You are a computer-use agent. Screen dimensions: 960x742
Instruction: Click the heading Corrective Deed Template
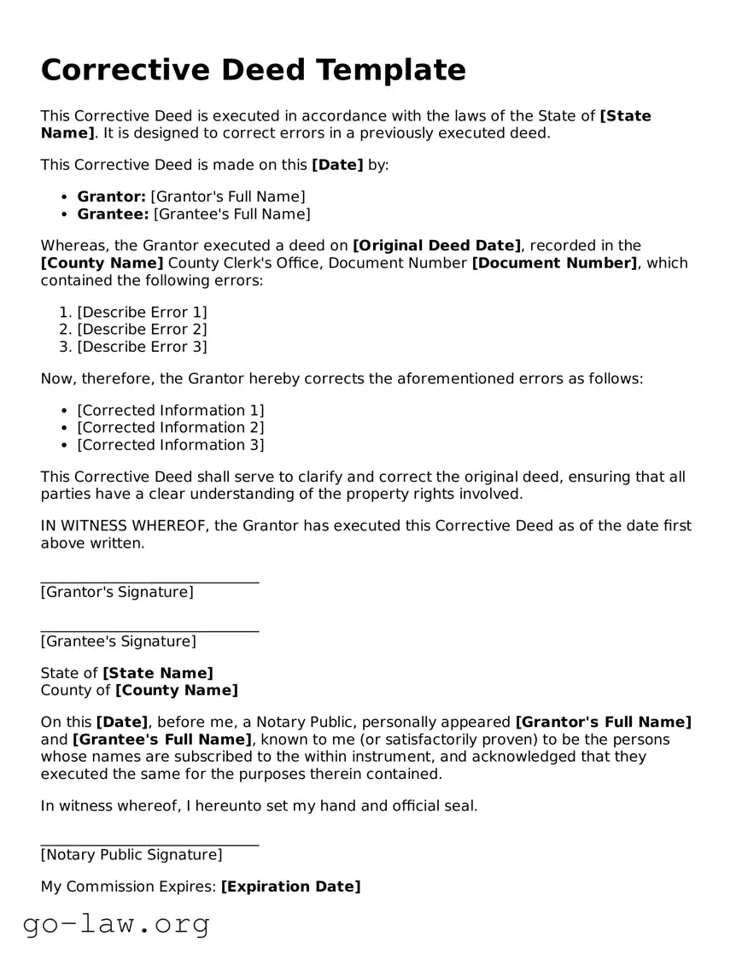coord(253,70)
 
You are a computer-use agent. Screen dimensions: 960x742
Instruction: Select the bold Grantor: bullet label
coord(111,196)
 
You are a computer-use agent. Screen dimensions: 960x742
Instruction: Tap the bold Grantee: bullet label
coord(113,214)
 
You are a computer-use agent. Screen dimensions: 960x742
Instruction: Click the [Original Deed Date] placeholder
coord(436,246)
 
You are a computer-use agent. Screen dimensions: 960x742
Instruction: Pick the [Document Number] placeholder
coord(554,263)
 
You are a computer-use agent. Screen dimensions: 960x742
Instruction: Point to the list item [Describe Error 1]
coord(142,313)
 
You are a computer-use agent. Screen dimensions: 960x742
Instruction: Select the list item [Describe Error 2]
coord(142,330)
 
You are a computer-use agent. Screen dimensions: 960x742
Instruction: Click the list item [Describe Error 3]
coord(142,347)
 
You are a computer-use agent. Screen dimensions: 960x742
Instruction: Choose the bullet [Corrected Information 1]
coord(171,411)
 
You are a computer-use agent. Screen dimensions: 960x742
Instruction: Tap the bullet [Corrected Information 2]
coord(171,428)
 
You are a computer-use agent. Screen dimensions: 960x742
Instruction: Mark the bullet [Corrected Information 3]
coord(171,445)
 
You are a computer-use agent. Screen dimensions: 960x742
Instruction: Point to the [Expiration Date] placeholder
coord(290,887)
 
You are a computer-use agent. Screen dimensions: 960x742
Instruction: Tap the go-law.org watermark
coord(116,924)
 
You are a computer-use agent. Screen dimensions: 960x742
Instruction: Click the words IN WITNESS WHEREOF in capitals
coord(123,526)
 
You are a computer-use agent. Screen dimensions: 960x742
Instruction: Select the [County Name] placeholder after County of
coord(177,690)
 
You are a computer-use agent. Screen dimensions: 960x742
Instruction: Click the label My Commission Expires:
coord(128,887)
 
